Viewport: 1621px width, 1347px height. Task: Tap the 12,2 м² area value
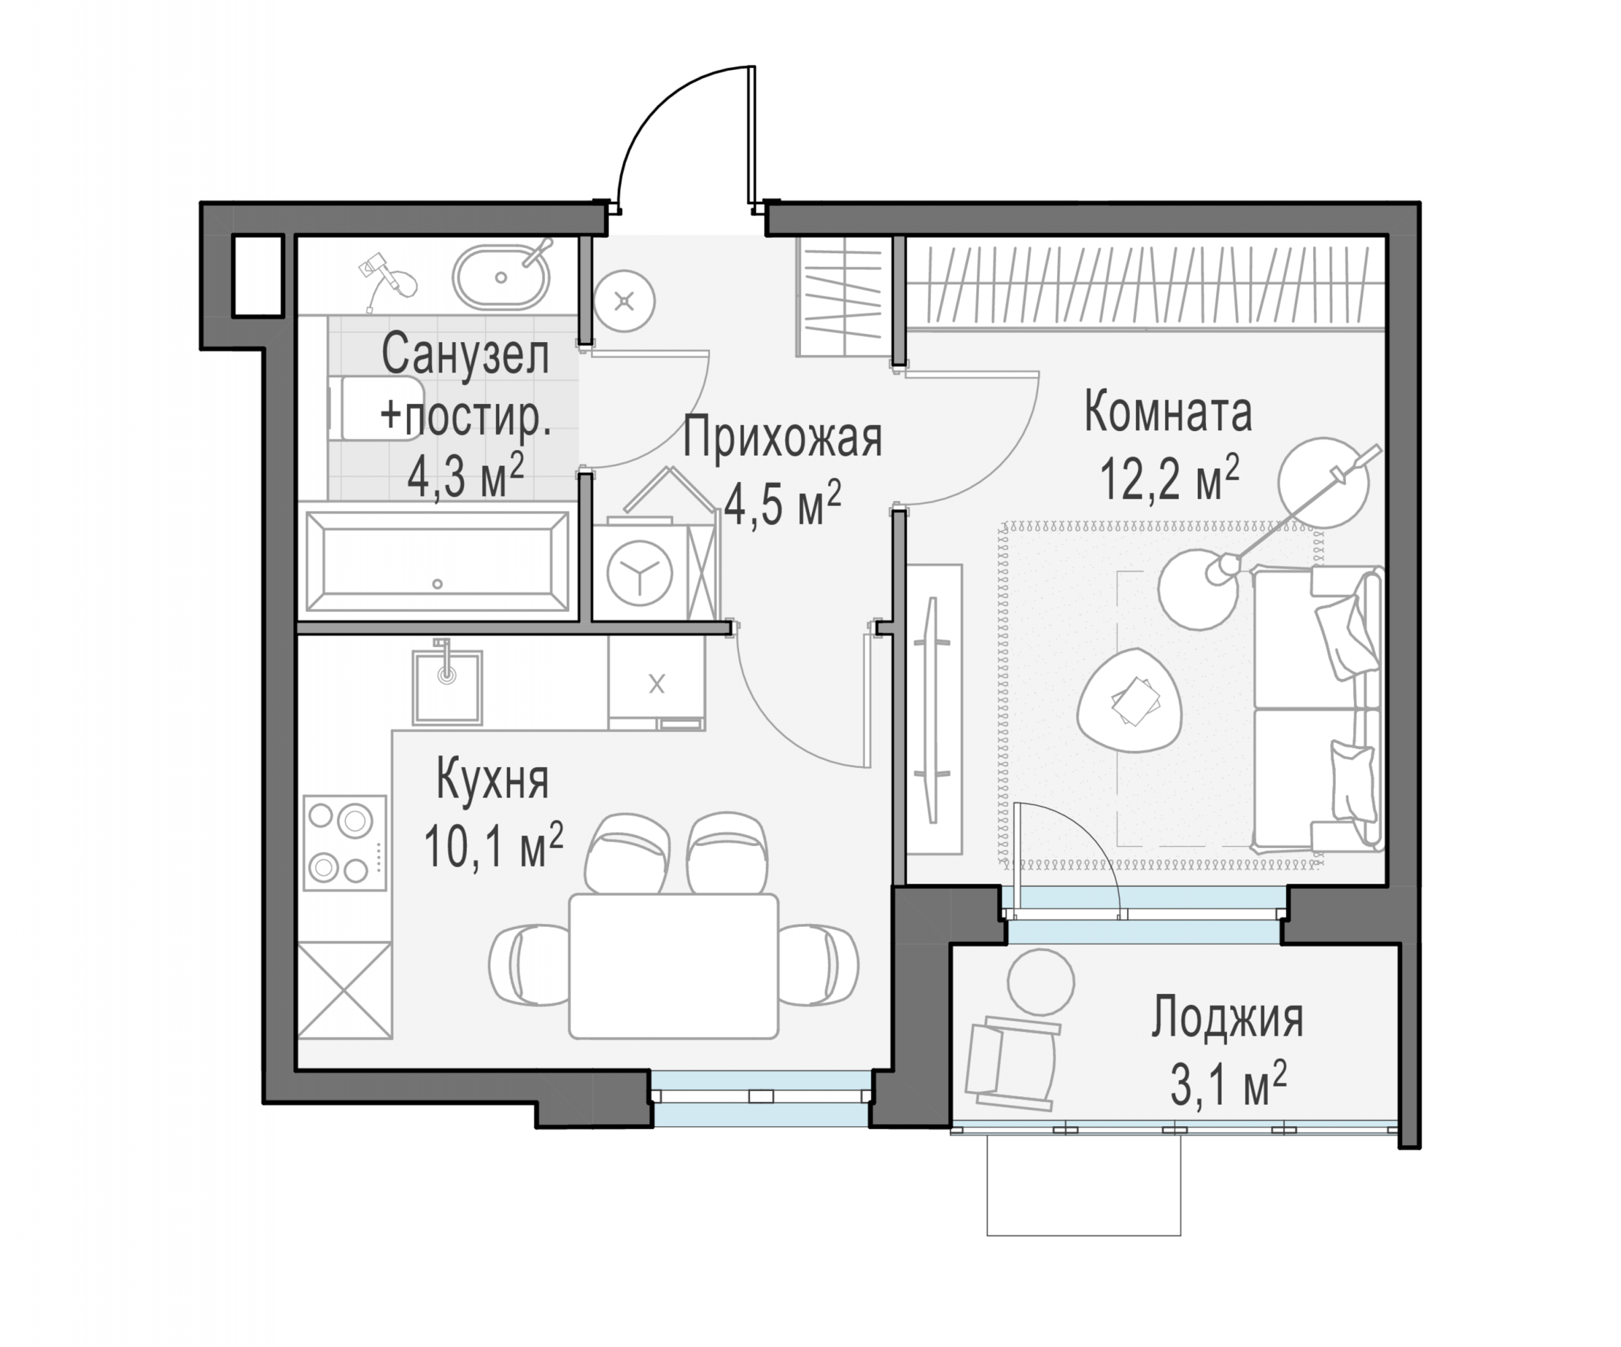[x=1169, y=478]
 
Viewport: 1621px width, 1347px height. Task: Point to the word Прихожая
[x=782, y=438]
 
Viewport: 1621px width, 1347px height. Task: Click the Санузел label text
[x=466, y=355]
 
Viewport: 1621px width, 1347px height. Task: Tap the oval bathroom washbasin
[x=501, y=277]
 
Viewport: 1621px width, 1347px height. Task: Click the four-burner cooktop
[x=344, y=843]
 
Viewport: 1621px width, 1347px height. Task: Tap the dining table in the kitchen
[x=673, y=966]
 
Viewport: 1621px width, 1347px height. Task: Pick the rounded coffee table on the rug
[x=1129, y=700]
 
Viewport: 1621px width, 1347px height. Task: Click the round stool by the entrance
[x=625, y=301]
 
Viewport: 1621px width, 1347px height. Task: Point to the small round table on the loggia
[x=1040, y=982]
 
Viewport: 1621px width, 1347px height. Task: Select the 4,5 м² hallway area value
[x=783, y=503]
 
